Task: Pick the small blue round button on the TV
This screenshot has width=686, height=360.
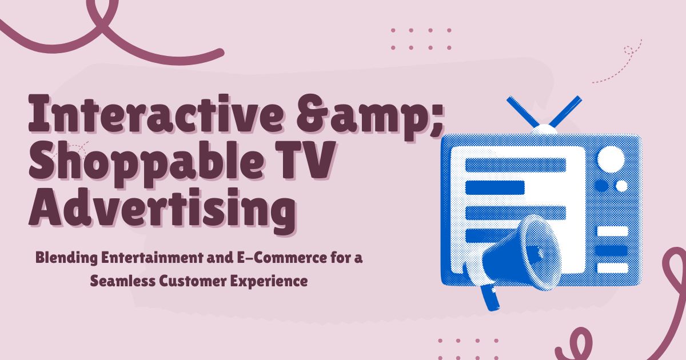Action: point(601,186)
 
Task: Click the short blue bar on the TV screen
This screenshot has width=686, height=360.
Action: point(495,187)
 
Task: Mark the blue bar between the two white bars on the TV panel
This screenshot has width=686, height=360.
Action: point(612,250)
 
